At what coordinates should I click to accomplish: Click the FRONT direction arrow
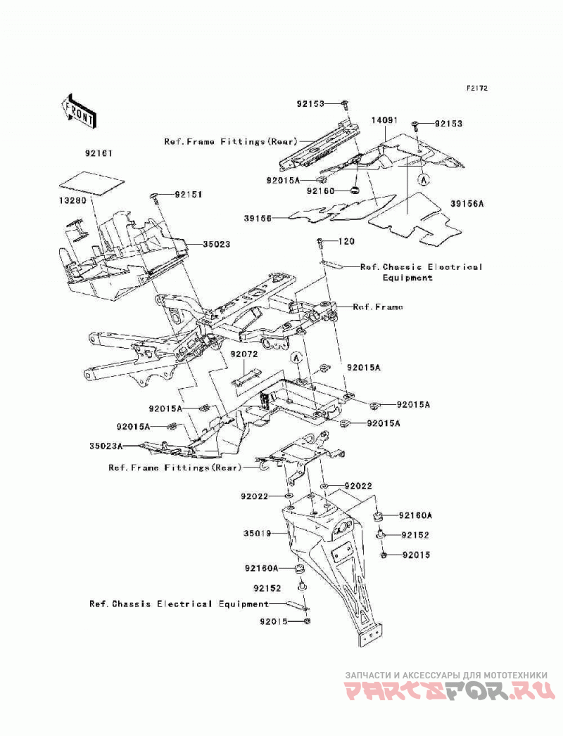pos(80,111)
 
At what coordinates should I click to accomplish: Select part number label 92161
pos(99,153)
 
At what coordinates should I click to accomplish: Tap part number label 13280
pos(73,200)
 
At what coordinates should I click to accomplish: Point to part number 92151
pos(188,194)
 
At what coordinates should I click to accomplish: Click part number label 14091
pos(384,120)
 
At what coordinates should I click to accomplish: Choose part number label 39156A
pos(467,204)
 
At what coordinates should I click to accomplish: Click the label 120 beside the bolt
pos(346,241)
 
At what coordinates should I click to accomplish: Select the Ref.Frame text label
pos(378,307)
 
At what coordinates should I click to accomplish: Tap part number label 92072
pos(244,354)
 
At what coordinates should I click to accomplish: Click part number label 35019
pos(258,534)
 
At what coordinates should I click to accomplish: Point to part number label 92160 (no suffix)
pos(320,191)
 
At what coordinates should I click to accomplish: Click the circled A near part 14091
pos(424,179)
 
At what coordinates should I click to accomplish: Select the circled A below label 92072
pos(296,358)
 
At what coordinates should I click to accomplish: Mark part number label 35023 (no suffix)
pos(217,244)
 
